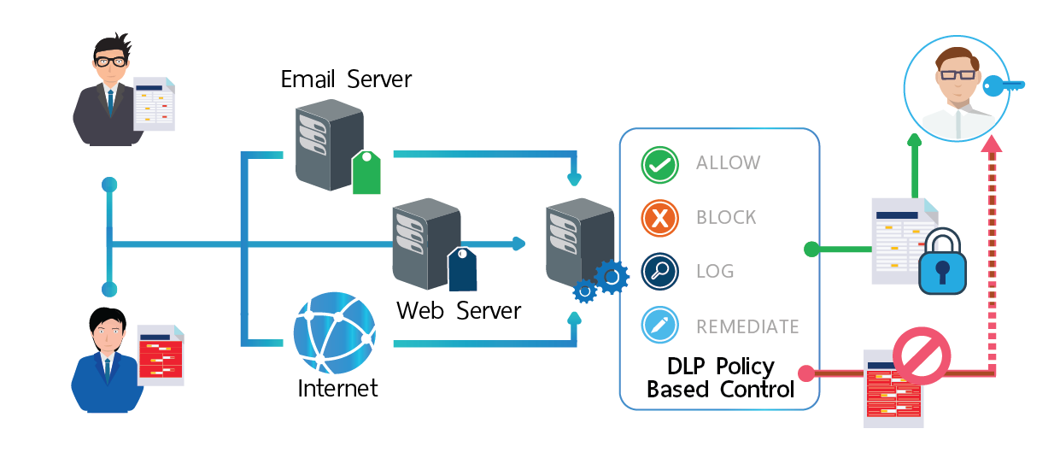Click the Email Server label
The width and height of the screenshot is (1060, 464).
[x=346, y=79]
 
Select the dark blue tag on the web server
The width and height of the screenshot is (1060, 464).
[x=462, y=269]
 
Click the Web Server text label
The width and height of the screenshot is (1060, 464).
[x=459, y=309]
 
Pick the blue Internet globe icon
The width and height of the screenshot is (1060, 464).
[x=334, y=333]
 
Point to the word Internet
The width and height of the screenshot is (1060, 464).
[x=337, y=388]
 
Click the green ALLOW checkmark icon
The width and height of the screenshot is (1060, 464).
[x=659, y=165]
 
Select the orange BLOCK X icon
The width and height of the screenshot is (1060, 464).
[x=659, y=219]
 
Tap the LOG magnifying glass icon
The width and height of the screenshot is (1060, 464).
[x=659, y=272]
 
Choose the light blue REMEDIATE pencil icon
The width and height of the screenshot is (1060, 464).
[x=659, y=326]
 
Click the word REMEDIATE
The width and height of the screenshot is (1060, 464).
[x=747, y=326]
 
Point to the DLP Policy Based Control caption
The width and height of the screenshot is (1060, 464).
[x=720, y=379]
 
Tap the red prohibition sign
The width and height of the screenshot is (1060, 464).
[x=922, y=357]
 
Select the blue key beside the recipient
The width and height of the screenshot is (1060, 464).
[x=1003, y=85]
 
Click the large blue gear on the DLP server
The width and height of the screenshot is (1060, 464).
[x=611, y=277]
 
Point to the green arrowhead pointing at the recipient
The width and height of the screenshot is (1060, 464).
[x=914, y=141]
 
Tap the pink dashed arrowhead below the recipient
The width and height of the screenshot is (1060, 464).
[x=991, y=146]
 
